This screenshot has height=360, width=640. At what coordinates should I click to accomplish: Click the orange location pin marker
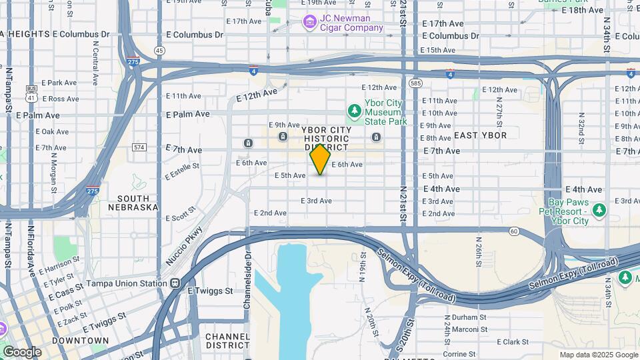320,159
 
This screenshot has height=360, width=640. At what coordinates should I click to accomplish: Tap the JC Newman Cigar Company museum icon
309,23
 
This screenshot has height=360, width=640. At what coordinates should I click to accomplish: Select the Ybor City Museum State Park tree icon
355,109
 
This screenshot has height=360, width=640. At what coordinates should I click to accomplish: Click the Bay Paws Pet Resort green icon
599,211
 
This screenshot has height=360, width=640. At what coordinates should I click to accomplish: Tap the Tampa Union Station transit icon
175,283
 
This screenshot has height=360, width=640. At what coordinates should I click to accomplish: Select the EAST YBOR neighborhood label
480,135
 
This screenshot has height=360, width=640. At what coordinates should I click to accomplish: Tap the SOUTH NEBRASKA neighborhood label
138,203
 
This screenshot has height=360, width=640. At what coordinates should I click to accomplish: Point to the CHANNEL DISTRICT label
227,341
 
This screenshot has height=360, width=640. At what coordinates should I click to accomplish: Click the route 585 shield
416,83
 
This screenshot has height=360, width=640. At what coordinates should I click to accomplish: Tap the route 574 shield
139,147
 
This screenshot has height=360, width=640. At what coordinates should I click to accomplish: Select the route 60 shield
513,231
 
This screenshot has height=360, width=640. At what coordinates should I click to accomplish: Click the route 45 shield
159,50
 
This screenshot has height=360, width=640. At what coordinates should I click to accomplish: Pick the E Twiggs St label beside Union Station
210,291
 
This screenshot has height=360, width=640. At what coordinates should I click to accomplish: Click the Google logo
22,351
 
